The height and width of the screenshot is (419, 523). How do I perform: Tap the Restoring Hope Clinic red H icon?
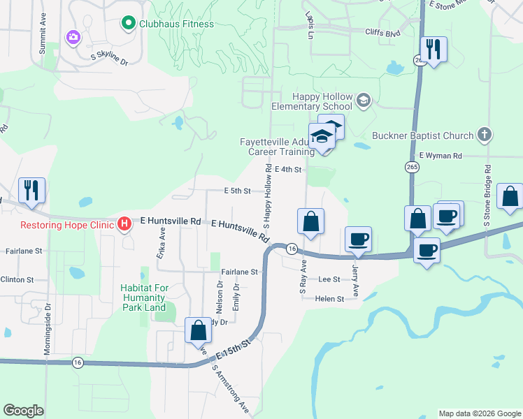[x=124, y=224]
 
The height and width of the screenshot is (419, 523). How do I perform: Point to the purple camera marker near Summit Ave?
[x=72, y=36]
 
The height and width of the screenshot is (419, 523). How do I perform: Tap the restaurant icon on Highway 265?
[x=434, y=49]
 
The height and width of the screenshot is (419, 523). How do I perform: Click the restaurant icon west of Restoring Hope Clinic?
[x=31, y=190]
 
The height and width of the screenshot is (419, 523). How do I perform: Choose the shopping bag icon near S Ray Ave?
[x=310, y=221]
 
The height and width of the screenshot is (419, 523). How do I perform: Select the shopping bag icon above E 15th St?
[x=199, y=330]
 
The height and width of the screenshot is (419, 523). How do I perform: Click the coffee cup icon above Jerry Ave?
[x=359, y=240]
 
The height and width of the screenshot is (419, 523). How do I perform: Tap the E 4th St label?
[x=288, y=169]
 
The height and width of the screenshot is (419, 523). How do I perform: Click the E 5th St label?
[x=237, y=190]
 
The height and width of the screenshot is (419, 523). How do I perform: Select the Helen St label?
[x=330, y=299]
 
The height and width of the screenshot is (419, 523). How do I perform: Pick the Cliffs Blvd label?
[x=382, y=32]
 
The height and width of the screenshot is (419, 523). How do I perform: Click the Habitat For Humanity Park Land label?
[x=143, y=297]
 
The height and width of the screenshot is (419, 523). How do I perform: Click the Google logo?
[x=23, y=411]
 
